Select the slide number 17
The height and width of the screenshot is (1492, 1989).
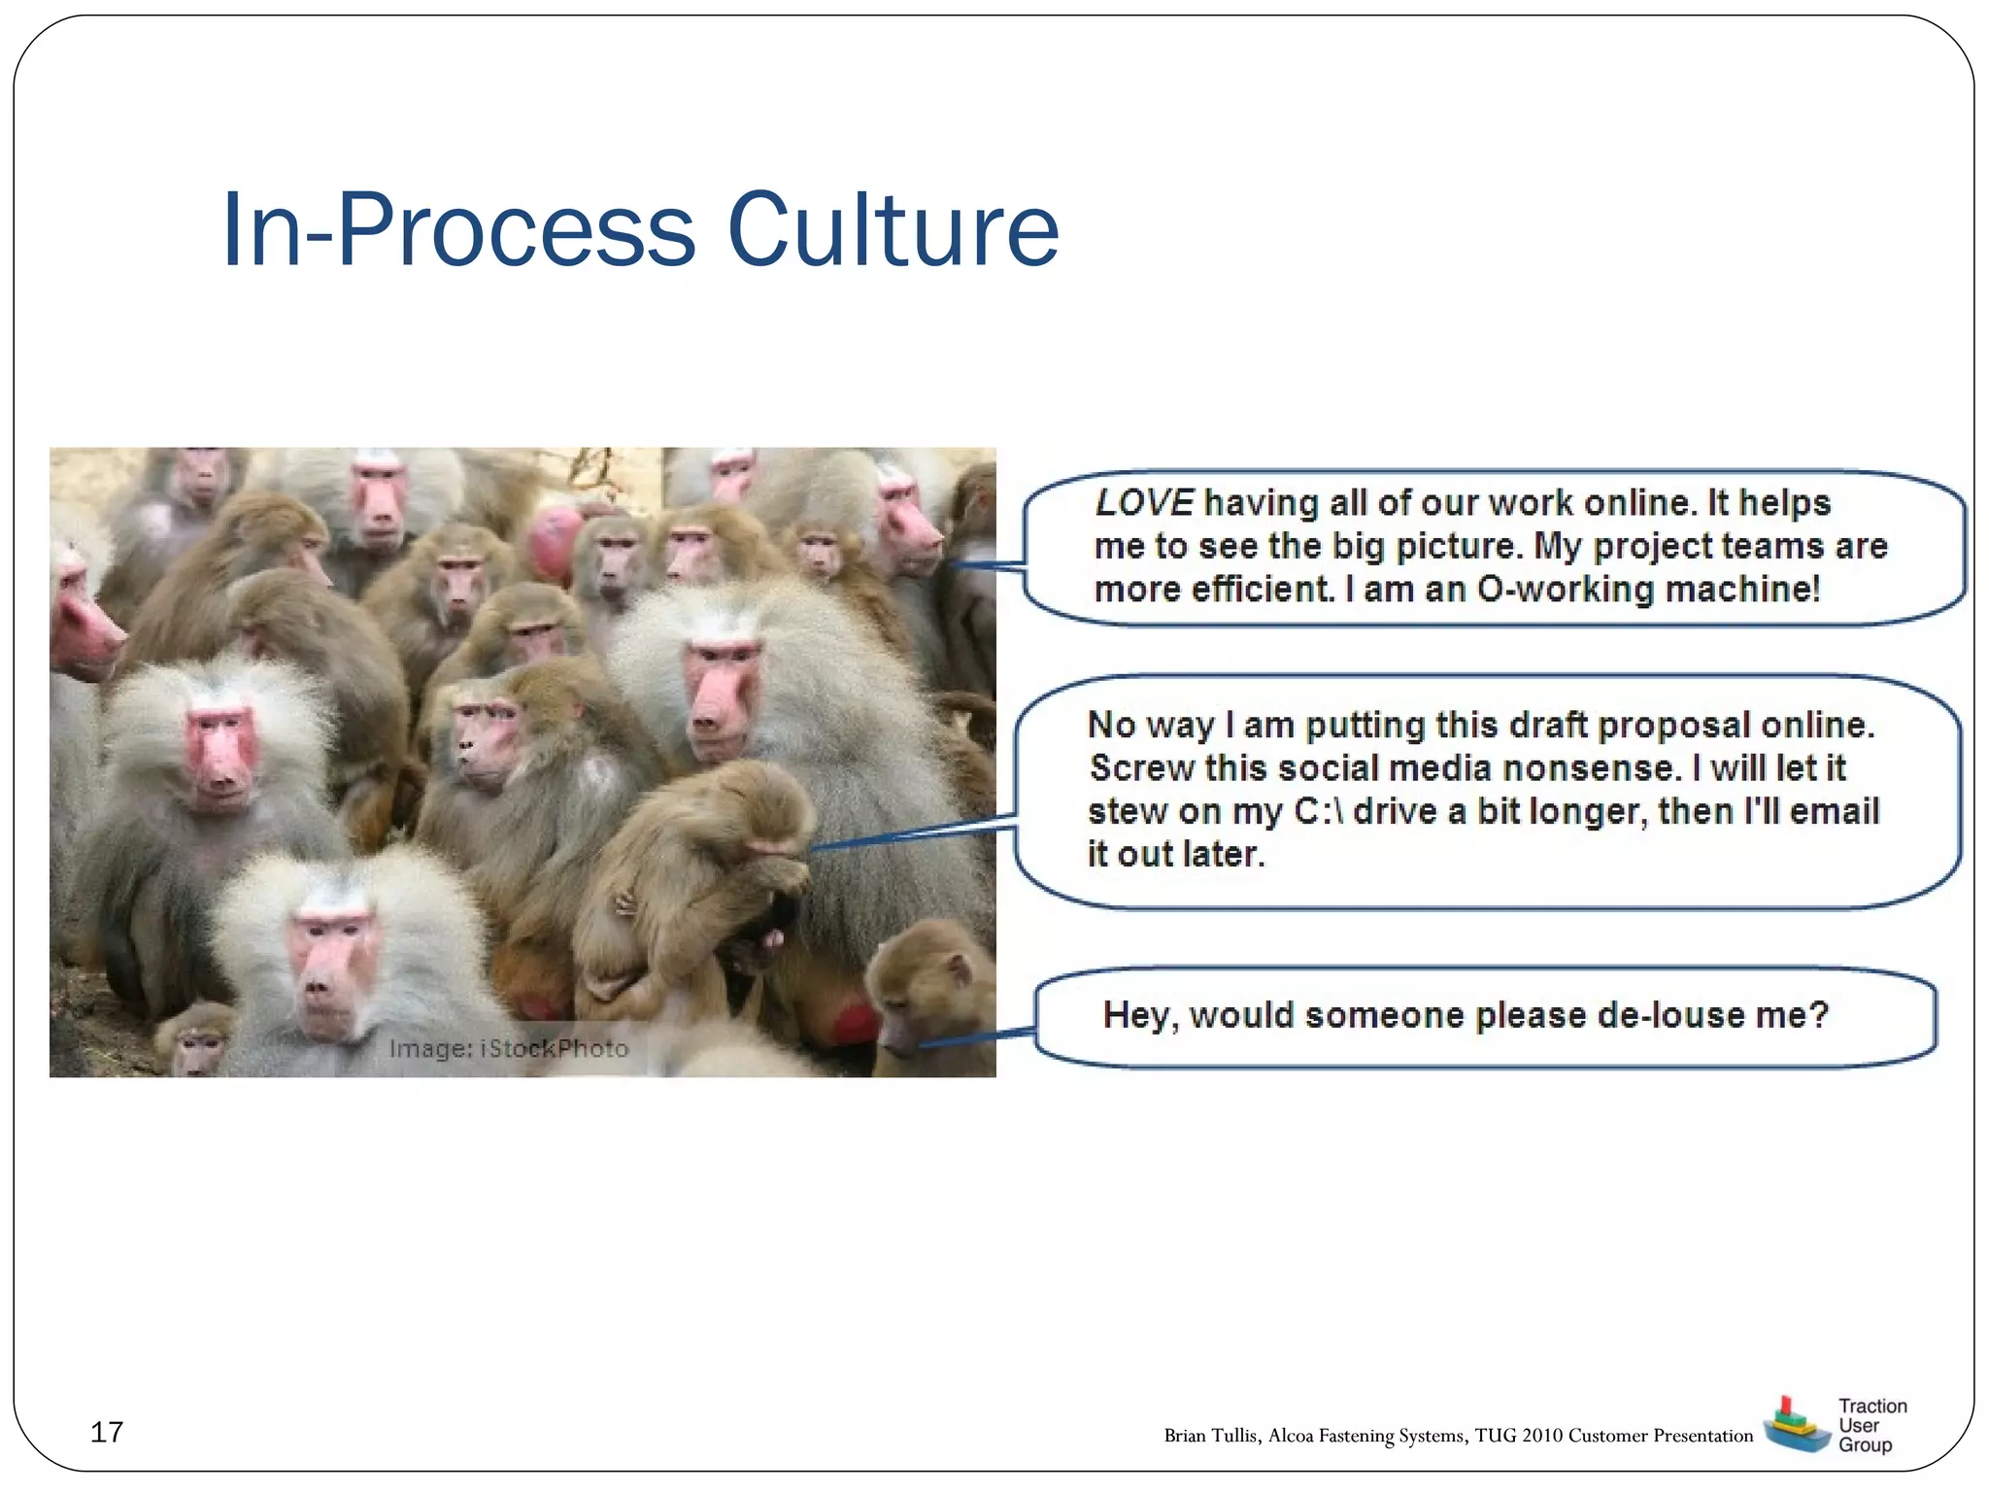[106, 1432]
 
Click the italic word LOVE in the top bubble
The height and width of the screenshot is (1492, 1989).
[1143, 503]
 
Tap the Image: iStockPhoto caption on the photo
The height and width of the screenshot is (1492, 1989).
[508, 1049]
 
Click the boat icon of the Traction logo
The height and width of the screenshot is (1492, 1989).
[1795, 1425]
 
